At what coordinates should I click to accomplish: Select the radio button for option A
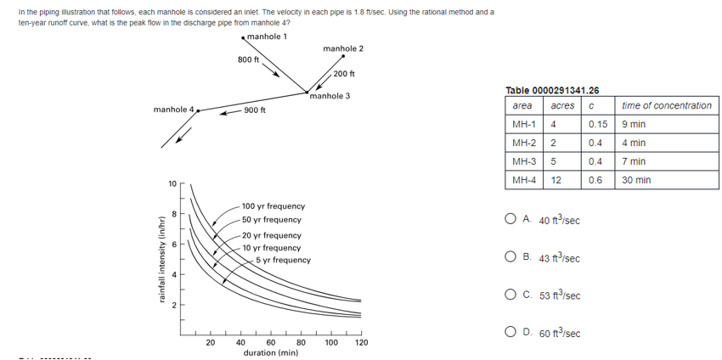(510, 220)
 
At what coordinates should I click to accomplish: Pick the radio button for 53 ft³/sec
(510, 295)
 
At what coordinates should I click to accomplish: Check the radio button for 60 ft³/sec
(510, 332)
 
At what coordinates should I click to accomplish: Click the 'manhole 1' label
(267, 37)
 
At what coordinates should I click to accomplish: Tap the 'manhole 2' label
(343, 48)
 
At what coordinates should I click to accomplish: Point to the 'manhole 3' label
(330, 96)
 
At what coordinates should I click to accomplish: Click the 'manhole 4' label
(173, 110)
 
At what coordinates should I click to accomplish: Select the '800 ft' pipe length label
(249, 60)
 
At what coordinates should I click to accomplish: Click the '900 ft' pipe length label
(254, 110)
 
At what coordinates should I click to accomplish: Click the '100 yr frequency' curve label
(274, 206)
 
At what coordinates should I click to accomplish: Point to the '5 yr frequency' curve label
(284, 260)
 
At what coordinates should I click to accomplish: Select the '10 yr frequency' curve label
(271, 247)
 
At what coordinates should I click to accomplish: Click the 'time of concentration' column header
(666, 105)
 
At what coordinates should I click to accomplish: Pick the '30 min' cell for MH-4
(636, 180)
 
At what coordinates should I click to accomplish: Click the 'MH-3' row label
(523, 161)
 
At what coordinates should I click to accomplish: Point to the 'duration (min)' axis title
(270, 352)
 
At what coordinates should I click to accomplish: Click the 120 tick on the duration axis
(361, 342)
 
